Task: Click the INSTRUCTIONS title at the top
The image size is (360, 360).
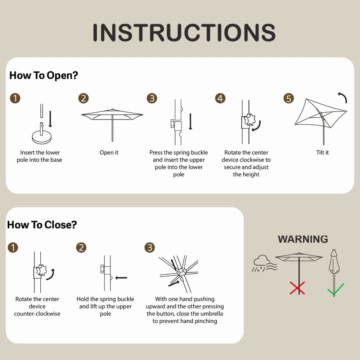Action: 184,32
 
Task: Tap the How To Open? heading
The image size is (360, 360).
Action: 44,76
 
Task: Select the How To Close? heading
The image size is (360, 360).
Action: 42,225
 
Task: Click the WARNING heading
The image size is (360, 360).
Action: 303,239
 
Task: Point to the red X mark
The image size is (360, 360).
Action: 297,288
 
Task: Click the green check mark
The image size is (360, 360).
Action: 336,289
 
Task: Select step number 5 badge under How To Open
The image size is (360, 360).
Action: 289,98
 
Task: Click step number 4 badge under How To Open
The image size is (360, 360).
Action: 220,98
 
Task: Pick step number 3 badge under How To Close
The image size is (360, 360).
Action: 149,248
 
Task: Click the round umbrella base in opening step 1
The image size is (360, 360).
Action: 42,137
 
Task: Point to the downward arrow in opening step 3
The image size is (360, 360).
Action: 190,121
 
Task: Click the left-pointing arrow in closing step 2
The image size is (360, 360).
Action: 121,278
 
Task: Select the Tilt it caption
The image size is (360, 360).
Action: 322,152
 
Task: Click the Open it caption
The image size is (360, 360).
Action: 109,152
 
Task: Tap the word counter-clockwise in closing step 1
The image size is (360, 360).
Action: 37,314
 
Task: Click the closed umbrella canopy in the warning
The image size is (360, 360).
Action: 334,261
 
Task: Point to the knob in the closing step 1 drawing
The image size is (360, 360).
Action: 41,270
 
